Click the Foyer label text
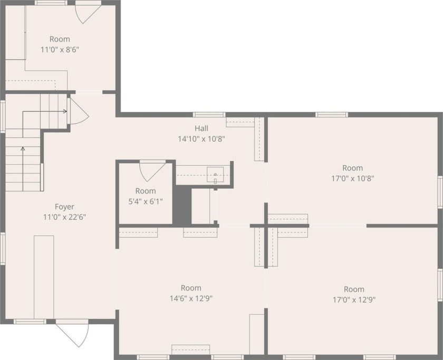[x=64, y=207]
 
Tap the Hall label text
[x=201, y=128]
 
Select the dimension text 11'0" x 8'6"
[x=60, y=49]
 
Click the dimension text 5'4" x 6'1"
[x=146, y=201]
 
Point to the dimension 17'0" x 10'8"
[x=353, y=178]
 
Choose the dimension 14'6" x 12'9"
[x=191, y=298]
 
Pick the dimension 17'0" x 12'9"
[x=354, y=299]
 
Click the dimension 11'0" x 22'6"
[x=64, y=217]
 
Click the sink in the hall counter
[x=215, y=174]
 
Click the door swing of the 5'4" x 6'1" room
[x=151, y=170]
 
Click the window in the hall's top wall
[x=209, y=114]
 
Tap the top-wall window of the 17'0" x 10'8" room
[x=332, y=114]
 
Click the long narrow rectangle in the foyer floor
[x=44, y=277]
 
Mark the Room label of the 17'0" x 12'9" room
[x=354, y=289]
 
